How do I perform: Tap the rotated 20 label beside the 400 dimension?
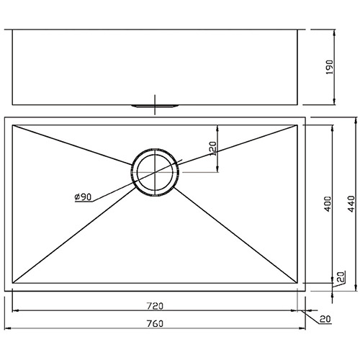pyautogui.click(x=340, y=276)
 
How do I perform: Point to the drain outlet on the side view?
pyautogui.click(x=154, y=106)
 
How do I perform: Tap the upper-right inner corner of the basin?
pyautogui.click(x=295, y=125)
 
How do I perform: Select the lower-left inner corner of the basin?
pyautogui.click(x=14, y=283)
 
